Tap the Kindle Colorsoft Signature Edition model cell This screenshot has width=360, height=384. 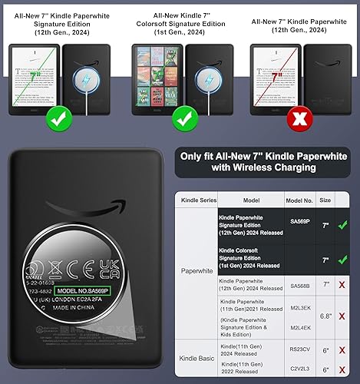tap(238, 251)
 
